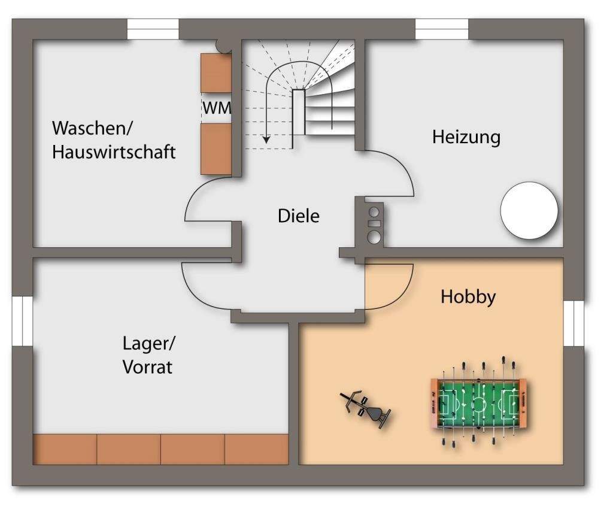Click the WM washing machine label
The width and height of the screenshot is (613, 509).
click(x=216, y=108)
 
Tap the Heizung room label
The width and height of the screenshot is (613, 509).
click(x=466, y=137)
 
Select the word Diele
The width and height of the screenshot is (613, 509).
click(x=298, y=216)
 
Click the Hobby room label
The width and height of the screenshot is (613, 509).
click(x=468, y=296)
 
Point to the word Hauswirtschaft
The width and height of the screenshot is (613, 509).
click(x=114, y=152)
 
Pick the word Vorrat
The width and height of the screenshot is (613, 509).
click(x=147, y=366)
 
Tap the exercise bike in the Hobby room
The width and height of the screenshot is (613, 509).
click(x=366, y=409)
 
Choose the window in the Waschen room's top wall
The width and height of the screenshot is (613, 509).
click(x=153, y=29)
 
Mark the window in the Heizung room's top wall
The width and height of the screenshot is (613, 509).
click(x=442, y=29)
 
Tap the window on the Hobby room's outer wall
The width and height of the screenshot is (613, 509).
click(x=573, y=323)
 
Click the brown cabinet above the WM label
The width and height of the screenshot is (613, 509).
click(x=216, y=73)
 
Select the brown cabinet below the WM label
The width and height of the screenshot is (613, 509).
click(x=216, y=149)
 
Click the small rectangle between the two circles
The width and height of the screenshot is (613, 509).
click(x=374, y=223)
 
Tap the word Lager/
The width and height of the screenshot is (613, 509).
click(x=149, y=344)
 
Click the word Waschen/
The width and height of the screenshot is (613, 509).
click(x=94, y=129)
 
